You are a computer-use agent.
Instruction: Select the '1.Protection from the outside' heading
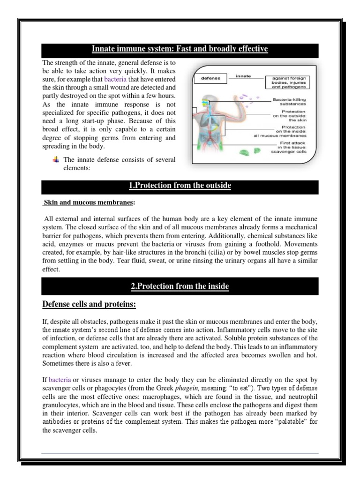pos(180,186)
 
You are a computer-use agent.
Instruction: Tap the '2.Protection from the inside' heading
pos(180,286)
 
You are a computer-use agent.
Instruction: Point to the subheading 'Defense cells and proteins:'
pos(89,305)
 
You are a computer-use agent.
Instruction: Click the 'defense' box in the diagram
pos(210,78)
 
